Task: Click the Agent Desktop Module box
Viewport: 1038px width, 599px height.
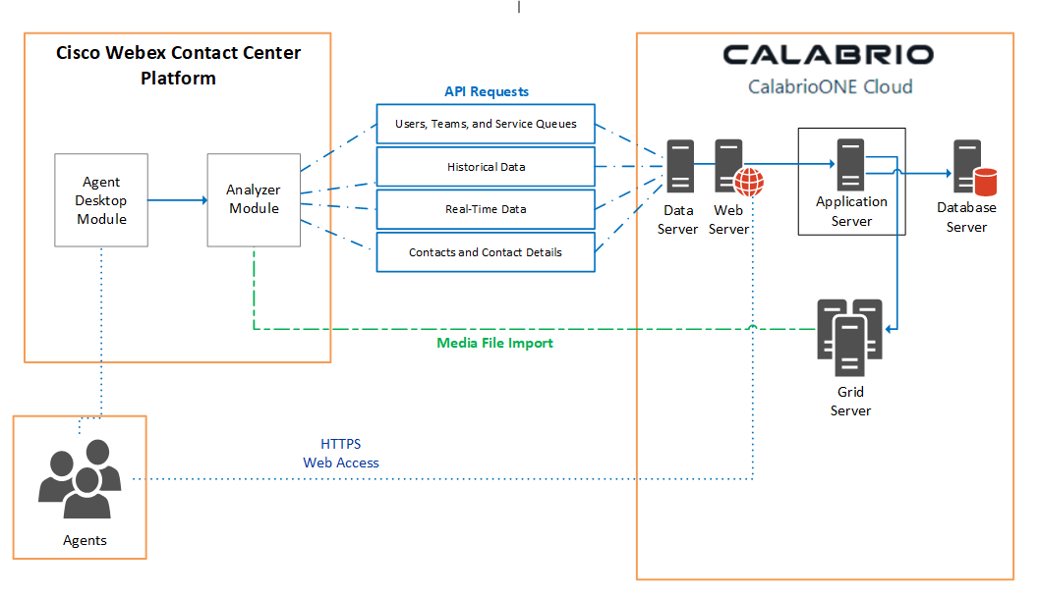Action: click(101, 200)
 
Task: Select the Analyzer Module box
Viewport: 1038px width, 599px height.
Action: click(254, 199)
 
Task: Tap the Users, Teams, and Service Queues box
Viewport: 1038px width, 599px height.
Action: click(486, 124)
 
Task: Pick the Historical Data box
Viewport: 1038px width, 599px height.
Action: click(486, 167)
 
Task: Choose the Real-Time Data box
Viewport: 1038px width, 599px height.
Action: click(486, 209)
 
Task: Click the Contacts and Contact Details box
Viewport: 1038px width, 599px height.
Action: click(486, 252)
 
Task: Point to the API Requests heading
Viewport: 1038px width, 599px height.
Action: click(487, 91)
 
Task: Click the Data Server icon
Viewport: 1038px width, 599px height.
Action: click(679, 165)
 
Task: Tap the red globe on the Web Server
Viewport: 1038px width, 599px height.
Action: click(749, 182)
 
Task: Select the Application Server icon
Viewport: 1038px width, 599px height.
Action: click(850, 164)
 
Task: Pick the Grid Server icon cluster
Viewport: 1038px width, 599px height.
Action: click(850, 337)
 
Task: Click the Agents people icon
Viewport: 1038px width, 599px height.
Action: click(80, 479)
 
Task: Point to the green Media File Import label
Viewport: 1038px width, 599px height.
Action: click(494, 343)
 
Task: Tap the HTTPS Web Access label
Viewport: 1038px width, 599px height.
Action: click(341, 454)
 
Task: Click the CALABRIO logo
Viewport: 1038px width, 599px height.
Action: click(828, 54)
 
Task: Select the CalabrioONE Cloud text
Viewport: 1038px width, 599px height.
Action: click(830, 86)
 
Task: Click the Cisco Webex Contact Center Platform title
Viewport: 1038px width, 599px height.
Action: click(178, 65)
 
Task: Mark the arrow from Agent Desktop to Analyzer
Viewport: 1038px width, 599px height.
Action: click(177, 200)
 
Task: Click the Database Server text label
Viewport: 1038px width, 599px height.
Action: click(966, 217)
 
